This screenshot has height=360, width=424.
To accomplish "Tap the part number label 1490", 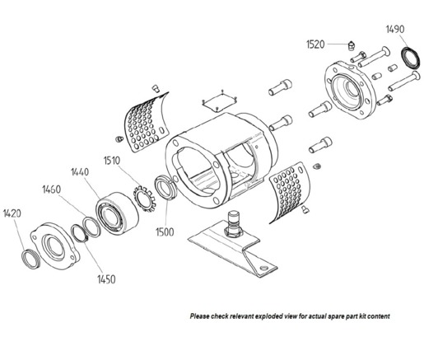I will click(396, 30).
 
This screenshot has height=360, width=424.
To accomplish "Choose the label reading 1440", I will click(81, 172).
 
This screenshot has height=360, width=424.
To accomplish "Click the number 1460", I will click(52, 189).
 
